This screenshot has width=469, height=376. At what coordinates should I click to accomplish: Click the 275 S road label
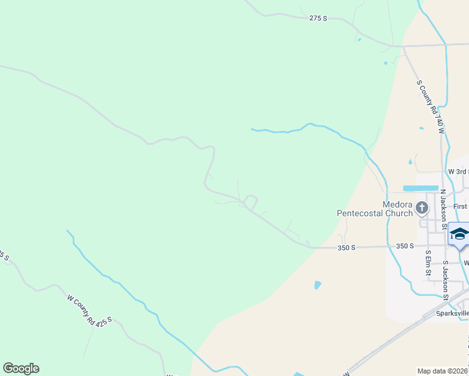[319, 19]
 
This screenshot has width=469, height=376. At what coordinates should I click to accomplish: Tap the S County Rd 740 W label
[430, 107]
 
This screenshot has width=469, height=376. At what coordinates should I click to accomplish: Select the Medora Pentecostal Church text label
[375, 209]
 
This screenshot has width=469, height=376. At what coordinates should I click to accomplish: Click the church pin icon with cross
[423, 207]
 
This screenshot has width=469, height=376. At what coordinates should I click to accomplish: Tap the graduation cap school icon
[459, 234]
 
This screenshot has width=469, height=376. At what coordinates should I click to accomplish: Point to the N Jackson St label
[443, 205]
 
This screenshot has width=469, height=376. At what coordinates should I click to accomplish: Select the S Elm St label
[428, 263]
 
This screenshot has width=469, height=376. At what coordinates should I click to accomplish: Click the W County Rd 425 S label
[89, 309]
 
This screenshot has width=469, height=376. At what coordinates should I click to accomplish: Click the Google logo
[21, 368]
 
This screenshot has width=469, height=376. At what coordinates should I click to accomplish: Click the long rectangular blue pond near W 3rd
[420, 188]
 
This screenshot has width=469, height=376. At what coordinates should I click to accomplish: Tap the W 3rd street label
[458, 172]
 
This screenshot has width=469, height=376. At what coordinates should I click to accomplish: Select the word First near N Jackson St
[460, 206]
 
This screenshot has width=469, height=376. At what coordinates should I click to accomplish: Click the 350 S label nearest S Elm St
[405, 246]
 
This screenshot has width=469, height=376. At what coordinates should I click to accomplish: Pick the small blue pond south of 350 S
[317, 285]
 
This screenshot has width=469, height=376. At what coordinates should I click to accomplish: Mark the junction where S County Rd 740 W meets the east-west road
[403, 46]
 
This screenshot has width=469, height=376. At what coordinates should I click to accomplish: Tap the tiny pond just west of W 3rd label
[411, 162]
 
